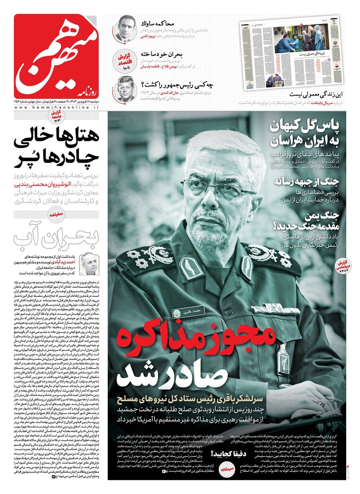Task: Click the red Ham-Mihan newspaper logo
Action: (57, 55)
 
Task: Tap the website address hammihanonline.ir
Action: (57, 108)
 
